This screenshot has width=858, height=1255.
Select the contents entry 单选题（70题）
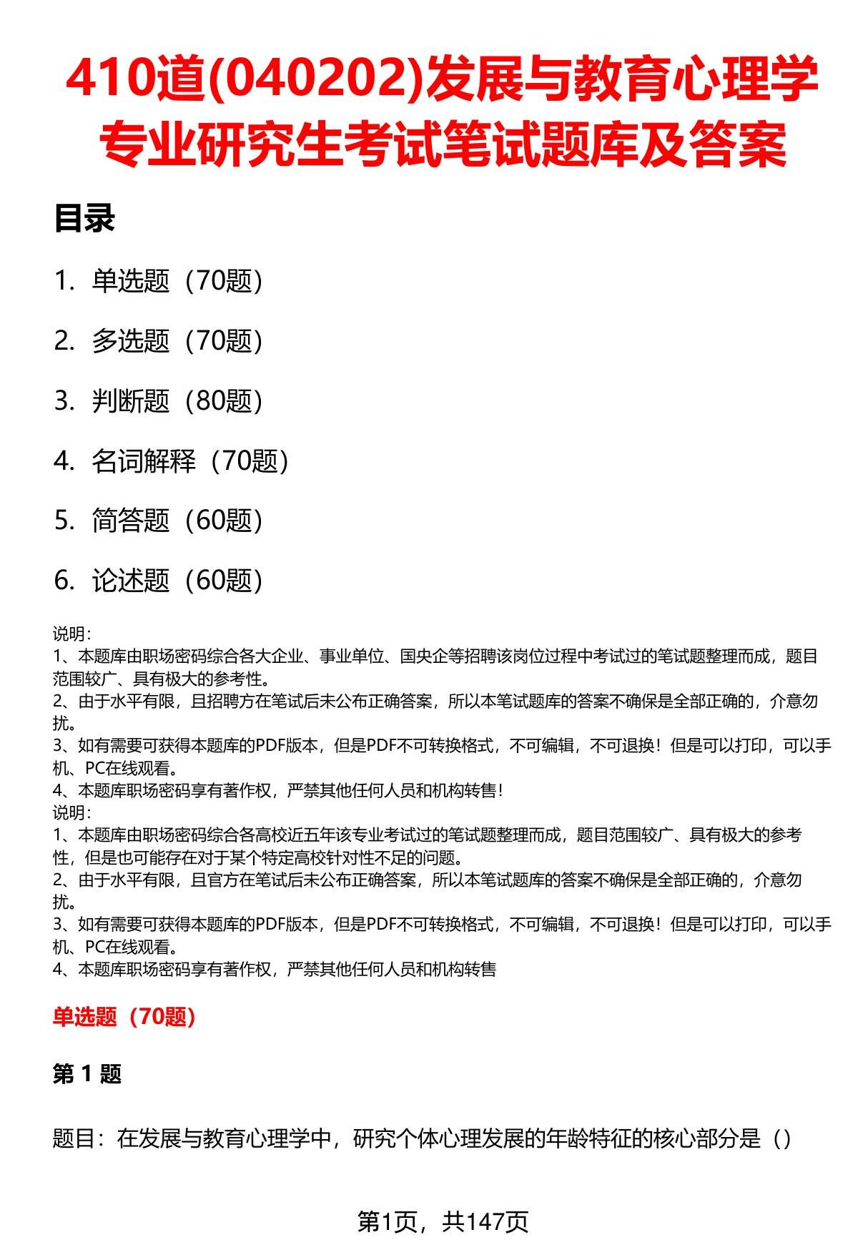177,281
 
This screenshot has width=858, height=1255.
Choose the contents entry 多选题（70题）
177,341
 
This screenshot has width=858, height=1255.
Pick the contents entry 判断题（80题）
177,401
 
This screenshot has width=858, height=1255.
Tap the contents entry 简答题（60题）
177,521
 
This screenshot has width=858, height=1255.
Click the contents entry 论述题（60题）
177,581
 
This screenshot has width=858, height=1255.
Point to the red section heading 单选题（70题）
124,1016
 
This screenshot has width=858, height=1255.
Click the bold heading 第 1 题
87,1074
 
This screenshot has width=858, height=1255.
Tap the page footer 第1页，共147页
443,1221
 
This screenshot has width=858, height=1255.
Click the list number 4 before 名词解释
62,462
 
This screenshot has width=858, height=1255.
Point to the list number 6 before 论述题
62,581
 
